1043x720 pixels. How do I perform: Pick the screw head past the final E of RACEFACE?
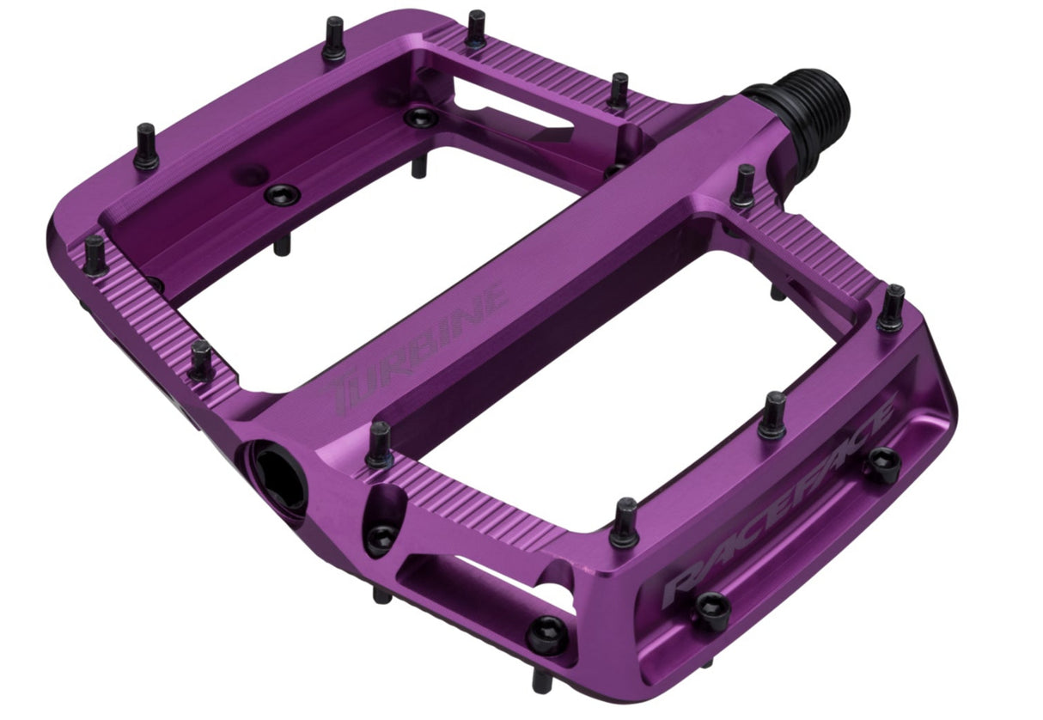pyautogui.click(x=882, y=465)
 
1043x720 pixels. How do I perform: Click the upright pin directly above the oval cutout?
pyautogui.click(x=379, y=445)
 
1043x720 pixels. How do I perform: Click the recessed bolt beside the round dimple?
pyautogui.click(x=280, y=193)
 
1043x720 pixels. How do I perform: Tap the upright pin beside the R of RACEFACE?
pyautogui.click(x=625, y=522)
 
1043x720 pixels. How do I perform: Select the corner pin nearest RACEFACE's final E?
pyautogui.click(x=892, y=307)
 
